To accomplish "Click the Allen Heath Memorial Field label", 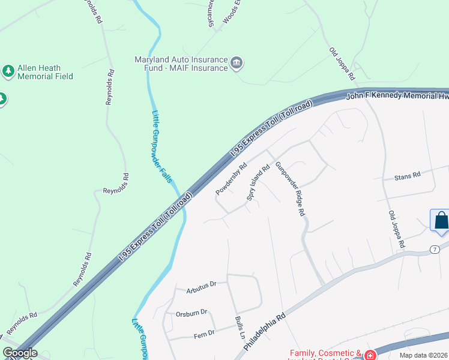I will (45, 72).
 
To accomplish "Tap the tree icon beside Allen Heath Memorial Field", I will (8, 72).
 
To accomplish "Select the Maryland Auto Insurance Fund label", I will (181, 64).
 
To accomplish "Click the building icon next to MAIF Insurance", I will (237, 63).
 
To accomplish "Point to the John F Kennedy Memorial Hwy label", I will (397, 95).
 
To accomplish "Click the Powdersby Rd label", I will (231, 179).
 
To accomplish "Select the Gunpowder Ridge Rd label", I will (291, 189).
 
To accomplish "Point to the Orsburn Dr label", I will (191, 312).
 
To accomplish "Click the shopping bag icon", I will (441, 220).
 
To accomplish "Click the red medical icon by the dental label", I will (370, 355).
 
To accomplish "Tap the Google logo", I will (20, 353).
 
